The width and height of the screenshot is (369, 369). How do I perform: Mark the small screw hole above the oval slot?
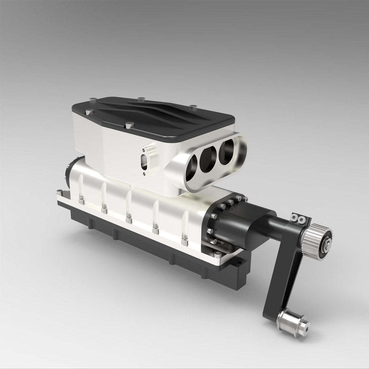tap(144, 150)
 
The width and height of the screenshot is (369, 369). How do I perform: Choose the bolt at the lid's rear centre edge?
tap(140, 99)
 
